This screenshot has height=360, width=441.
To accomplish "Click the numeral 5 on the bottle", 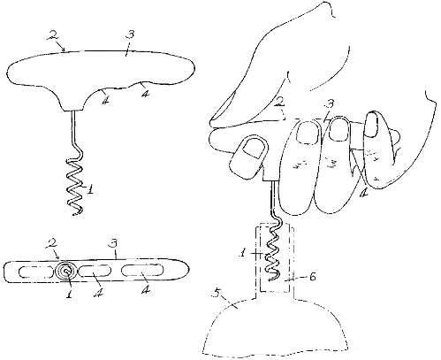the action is tap(218, 294).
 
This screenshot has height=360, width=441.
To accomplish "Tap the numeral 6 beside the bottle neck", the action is tap(312, 277).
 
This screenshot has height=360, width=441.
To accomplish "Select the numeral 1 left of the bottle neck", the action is tap(242, 253).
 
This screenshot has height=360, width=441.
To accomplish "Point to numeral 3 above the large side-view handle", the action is tap(130, 34).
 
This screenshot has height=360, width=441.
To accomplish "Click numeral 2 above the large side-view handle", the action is tap(52, 34).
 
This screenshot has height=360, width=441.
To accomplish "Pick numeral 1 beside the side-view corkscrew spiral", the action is tap(90, 189).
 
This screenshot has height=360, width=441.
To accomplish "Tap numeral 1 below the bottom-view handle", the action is tap(69, 293).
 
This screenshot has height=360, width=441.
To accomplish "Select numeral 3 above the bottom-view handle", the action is tap(114, 243).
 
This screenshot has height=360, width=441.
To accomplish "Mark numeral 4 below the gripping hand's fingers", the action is tap(363, 193).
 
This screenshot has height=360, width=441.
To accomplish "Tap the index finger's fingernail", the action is tap(308, 132).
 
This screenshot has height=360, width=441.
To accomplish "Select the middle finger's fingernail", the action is tap(338, 129).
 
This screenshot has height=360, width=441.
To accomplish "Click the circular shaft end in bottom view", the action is tap(67, 271).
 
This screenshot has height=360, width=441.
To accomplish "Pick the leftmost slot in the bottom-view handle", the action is tap(36, 272).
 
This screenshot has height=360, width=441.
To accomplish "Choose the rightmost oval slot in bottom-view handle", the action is tap(141, 270).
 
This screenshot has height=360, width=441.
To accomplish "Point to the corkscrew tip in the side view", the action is tap(73, 215).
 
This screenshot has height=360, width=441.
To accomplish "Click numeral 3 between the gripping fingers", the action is tap(330, 104).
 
